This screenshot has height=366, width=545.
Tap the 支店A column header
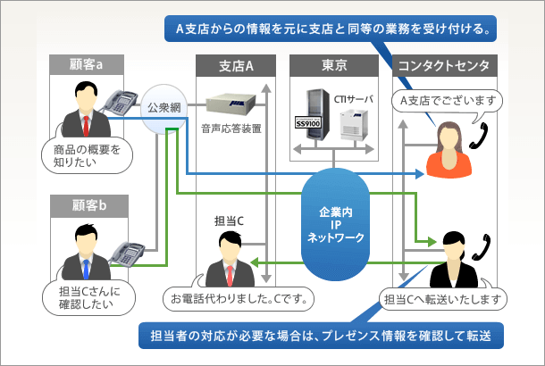tap(236, 64)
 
